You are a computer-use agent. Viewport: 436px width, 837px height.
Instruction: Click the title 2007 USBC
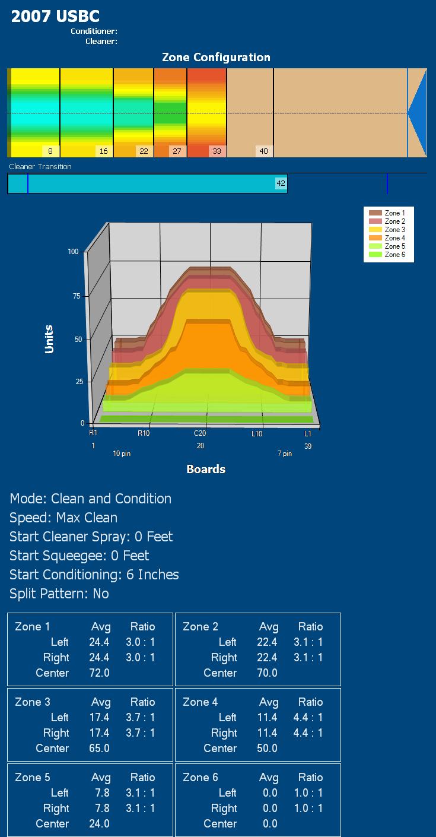coord(55,17)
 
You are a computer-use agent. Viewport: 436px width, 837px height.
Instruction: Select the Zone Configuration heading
coord(216,58)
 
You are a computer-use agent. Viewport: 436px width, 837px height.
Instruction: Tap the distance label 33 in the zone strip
coord(217,151)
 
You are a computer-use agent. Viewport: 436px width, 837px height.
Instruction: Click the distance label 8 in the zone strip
coord(50,151)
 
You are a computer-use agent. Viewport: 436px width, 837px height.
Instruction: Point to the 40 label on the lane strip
coord(263,151)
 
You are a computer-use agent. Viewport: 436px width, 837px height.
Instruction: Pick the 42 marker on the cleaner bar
coord(281,183)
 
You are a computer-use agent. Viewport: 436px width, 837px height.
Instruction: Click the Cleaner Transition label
coord(40,167)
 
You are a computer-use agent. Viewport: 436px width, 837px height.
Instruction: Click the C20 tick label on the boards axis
coord(200,434)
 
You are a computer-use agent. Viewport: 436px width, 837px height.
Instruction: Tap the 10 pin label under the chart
coord(122,454)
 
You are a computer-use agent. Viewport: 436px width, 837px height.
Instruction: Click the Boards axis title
coord(206,469)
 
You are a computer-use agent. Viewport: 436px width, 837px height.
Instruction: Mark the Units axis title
coord(49,339)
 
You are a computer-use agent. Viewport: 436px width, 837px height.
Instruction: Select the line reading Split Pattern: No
coord(59,594)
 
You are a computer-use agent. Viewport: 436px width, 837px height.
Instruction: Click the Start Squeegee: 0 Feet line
coord(79,556)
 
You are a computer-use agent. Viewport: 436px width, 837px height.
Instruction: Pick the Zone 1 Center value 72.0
coord(99,673)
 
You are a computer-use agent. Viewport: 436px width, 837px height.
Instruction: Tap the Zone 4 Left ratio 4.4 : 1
coord(308,718)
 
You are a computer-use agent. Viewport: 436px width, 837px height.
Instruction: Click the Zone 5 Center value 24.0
coord(99,824)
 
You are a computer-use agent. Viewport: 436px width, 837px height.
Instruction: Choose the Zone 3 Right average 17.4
coord(99,733)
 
